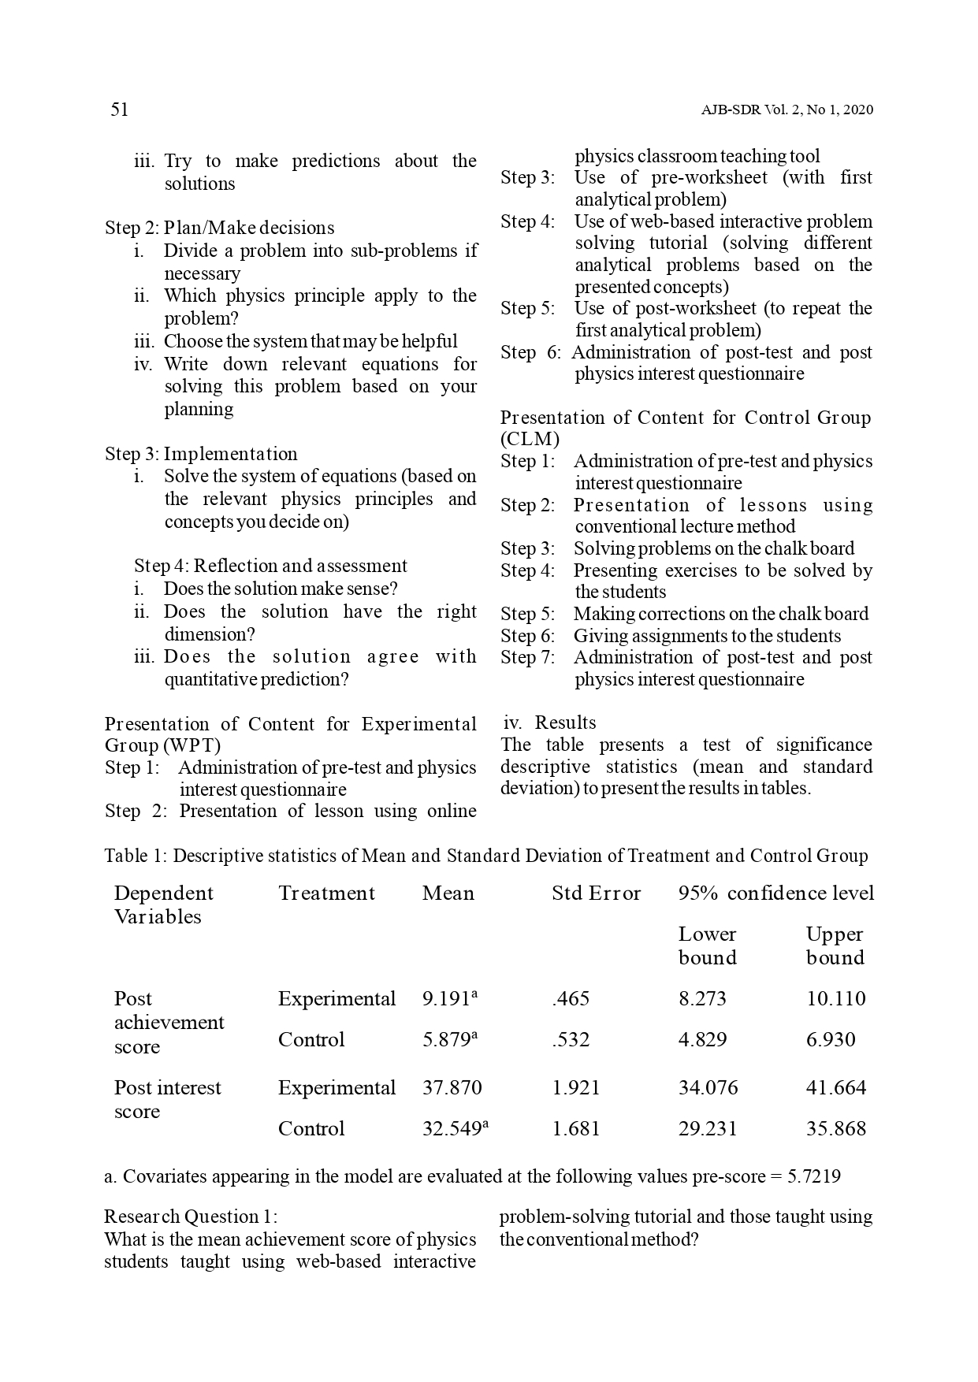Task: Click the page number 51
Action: pyautogui.click(x=119, y=110)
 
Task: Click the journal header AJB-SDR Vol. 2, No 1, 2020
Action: pyautogui.click(x=786, y=110)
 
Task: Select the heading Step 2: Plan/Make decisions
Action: pyautogui.click(x=219, y=228)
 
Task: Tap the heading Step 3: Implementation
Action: pyautogui.click(x=201, y=454)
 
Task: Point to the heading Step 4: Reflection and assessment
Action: pyautogui.click(x=270, y=566)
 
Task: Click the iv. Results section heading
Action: pyautogui.click(x=549, y=723)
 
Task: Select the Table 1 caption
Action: pyautogui.click(x=485, y=856)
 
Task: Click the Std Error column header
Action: pyautogui.click(x=596, y=893)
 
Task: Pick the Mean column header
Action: pyautogui.click(x=448, y=893)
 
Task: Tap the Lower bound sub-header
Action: pyautogui.click(x=707, y=945)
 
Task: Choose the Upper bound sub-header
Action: pyautogui.click(x=835, y=945)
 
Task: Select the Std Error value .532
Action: pyautogui.click(x=571, y=1040)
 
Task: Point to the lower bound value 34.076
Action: pyautogui.click(x=708, y=1088)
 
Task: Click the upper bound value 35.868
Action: pyautogui.click(x=835, y=1129)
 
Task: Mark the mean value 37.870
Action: pyautogui.click(x=452, y=1088)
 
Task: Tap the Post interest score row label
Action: pyautogui.click(x=167, y=1099)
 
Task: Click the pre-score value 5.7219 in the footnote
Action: pyautogui.click(x=814, y=1177)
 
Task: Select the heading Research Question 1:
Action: pyautogui.click(x=191, y=1217)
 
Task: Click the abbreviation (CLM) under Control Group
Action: pyautogui.click(x=530, y=439)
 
